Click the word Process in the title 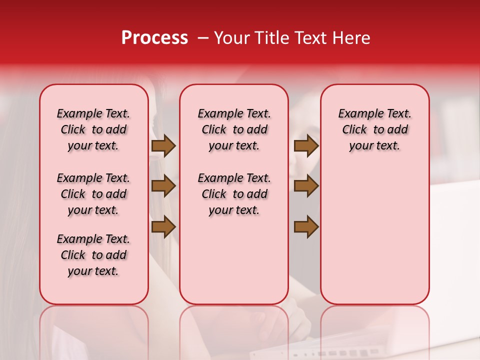(x=154, y=38)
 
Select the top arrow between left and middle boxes (x=163, y=146)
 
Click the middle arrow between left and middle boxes (x=163, y=186)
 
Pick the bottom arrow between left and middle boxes (x=163, y=227)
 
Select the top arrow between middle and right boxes (x=306, y=146)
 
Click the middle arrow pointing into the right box (x=306, y=186)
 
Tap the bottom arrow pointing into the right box (x=306, y=227)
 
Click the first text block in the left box (x=93, y=129)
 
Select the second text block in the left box (x=93, y=194)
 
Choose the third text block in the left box (x=93, y=255)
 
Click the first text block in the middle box (x=234, y=129)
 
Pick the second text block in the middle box (x=234, y=194)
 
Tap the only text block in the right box (x=374, y=129)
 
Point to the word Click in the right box (x=354, y=130)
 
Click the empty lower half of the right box (x=374, y=240)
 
